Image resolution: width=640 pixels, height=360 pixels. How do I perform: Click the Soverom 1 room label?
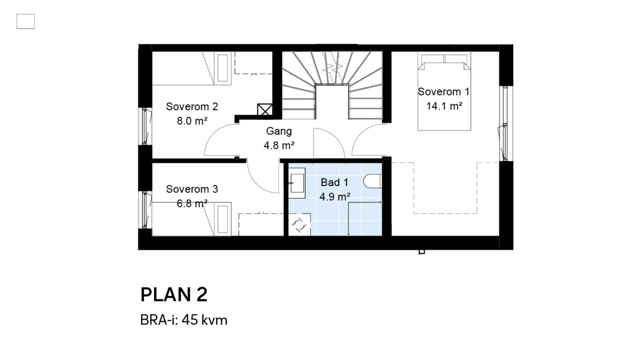pyautogui.click(x=443, y=92)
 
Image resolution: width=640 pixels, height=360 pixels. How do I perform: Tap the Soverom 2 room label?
pyautogui.click(x=192, y=107)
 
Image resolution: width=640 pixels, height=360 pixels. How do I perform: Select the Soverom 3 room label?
pyautogui.click(x=192, y=189)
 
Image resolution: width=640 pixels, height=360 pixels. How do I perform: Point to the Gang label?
pyautogui.click(x=279, y=131)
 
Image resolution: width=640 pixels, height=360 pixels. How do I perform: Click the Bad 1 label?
pyautogui.click(x=334, y=182)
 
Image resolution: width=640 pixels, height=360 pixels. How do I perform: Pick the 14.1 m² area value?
pyautogui.click(x=444, y=106)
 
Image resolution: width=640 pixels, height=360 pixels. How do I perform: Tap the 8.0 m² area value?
pyautogui.click(x=192, y=121)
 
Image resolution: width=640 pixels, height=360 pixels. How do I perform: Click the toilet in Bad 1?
pyautogui.click(x=372, y=181)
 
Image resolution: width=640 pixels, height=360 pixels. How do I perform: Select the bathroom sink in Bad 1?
pyautogui.click(x=297, y=183)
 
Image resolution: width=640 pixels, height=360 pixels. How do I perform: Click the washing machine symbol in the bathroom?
pyautogui.click(x=299, y=225)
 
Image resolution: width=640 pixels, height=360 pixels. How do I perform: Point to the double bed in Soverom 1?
pyautogui.click(x=444, y=91)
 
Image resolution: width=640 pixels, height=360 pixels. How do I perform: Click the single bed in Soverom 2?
pyautogui.click(x=192, y=68)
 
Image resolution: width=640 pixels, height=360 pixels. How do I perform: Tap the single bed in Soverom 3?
pyautogui.click(x=192, y=219)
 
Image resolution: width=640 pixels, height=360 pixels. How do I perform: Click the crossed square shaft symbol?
pyautogui.click(x=265, y=110)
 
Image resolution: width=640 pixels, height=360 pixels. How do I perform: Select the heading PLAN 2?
pyautogui.click(x=174, y=295)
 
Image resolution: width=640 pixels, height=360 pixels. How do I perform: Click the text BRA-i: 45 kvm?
pyautogui.click(x=184, y=320)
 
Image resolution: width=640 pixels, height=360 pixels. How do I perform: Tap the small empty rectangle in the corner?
pyautogui.click(x=26, y=21)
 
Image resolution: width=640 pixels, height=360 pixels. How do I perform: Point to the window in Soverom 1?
pyautogui.click(x=505, y=124)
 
